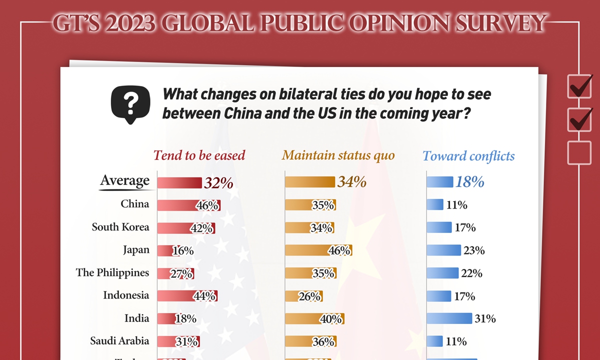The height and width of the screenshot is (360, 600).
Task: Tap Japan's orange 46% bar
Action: pyautogui.click(x=318, y=250)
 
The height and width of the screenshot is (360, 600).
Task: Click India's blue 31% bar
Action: pyautogui.click(x=449, y=318)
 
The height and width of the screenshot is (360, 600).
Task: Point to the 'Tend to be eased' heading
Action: pyautogui.click(x=199, y=155)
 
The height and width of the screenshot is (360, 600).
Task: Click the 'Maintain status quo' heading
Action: pyautogui.click(x=338, y=155)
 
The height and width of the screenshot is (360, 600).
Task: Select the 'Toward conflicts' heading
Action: pyautogui.click(x=468, y=156)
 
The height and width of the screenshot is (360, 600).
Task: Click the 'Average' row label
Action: pyautogui.click(x=124, y=181)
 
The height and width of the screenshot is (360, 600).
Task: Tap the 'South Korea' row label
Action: pyautogui.click(x=120, y=227)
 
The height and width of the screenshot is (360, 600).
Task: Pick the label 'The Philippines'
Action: pyautogui.click(x=112, y=273)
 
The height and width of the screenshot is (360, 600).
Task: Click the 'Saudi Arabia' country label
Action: pyautogui.click(x=119, y=341)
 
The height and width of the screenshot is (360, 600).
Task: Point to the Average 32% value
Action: pyautogui.click(x=218, y=182)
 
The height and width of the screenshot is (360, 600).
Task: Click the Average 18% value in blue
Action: pyautogui.click(x=470, y=182)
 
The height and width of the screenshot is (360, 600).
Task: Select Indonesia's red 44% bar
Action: pyautogui.click(x=187, y=296)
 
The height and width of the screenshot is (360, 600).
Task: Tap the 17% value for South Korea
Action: pyautogui.click(x=465, y=228)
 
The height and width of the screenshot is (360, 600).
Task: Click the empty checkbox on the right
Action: pyautogui.click(x=579, y=152)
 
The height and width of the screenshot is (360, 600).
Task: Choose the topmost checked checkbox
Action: pyautogui.click(x=580, y=86)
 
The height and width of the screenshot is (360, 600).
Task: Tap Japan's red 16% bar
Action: pyautogui.click(x=166, y=250)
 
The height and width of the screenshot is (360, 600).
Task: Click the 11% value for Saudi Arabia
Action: pyautogui.click(x=456, y=341)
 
